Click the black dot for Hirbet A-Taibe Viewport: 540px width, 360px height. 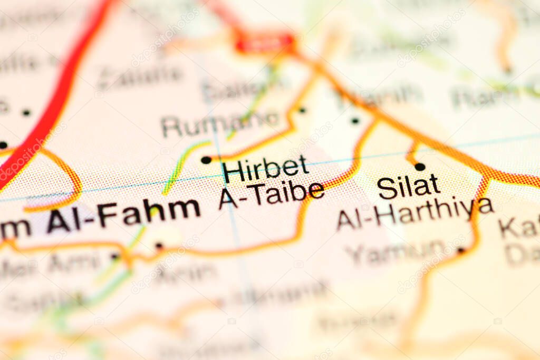pos(206,160)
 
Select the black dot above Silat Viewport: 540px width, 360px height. pos(420,167)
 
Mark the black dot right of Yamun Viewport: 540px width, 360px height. pos(461,250)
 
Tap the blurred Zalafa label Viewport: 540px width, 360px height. pos(140,77)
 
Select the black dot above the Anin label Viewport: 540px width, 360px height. pos(159,246)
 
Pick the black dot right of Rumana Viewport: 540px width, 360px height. pos(302,110)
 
